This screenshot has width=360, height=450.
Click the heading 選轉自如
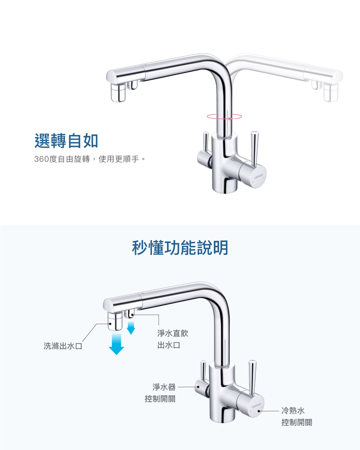(x=66, y=141)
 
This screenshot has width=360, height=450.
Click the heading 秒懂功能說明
(x=180, y=248)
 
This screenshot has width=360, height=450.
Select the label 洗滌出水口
(x=63, y=346)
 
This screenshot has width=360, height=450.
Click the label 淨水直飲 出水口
(x=173, y=339)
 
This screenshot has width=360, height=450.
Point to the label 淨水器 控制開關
(x=160, y=393)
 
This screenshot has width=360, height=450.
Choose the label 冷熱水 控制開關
(x=297, y=416)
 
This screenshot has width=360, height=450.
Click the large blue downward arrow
(x=116, y=343)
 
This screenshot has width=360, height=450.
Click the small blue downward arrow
(x=131, y=328)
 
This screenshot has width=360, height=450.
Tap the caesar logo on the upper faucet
(x=258, y=176)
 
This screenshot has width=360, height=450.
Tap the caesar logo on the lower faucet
(x=256, y=405)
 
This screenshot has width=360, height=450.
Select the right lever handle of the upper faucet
(x=254, y=148)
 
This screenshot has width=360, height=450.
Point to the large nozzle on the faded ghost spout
(x=330, y=93)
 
